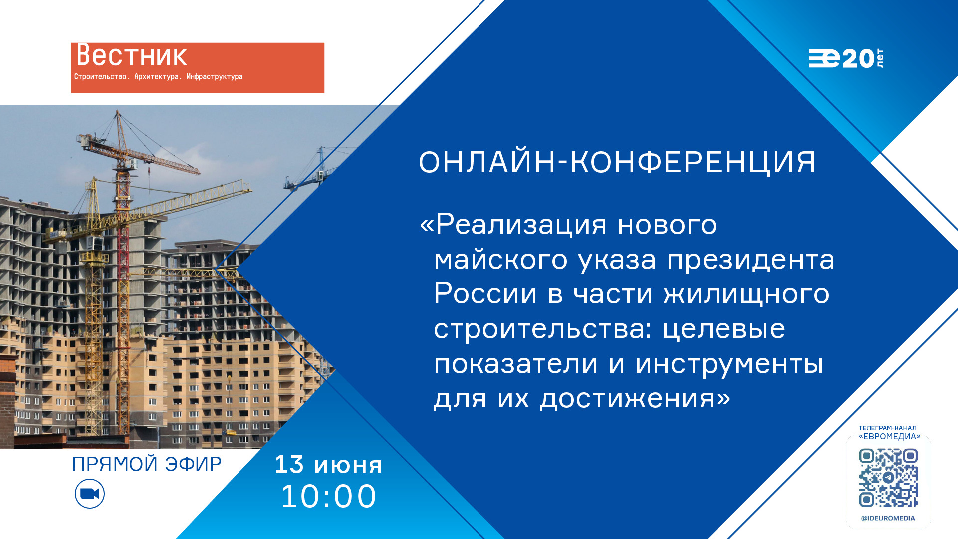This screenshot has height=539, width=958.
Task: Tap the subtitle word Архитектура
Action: (157, 76)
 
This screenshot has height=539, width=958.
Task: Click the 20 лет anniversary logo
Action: (846, 58)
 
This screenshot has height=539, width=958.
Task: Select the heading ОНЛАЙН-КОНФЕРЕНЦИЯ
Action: (617, 162)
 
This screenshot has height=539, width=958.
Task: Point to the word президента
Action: (751, 260)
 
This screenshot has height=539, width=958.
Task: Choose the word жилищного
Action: (746, 294)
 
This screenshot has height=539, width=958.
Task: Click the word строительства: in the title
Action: (543, 329)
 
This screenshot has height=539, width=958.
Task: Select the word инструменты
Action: (729, 364)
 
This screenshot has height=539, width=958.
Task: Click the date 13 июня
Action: (329, 465)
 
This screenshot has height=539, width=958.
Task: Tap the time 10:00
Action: (329, 496)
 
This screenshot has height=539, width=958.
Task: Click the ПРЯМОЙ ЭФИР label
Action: (147, 464)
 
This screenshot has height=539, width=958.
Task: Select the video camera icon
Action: (90, 494)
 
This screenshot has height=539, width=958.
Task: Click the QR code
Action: (888, 478)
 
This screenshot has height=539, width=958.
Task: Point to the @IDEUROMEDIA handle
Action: (888, 518)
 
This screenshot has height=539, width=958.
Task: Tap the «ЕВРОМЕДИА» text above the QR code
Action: (890, 436)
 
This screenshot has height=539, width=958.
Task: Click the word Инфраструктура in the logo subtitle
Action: (215, 76)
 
